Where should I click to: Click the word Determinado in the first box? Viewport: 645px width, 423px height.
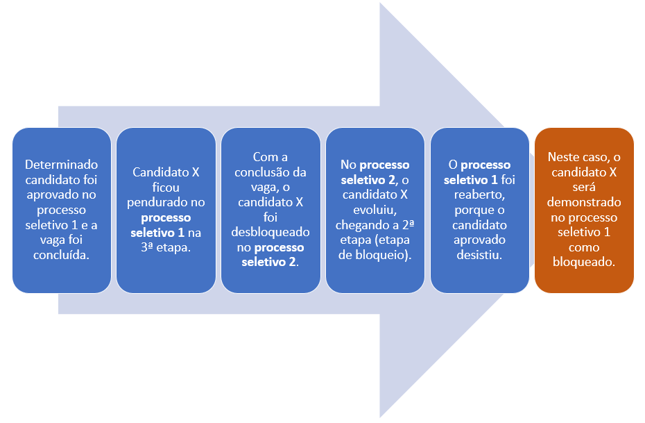click(62, 165)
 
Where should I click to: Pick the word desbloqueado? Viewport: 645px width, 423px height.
click(270, 233)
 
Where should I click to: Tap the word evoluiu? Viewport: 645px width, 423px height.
click(375, 210)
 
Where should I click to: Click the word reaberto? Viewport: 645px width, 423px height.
click(479, 194)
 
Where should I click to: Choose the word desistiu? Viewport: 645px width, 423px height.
click(479, 255)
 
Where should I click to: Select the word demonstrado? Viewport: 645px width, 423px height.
click(583, 202)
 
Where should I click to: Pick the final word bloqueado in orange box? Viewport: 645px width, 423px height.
click(583, 263)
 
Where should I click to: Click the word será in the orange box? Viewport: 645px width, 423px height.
click(583, 187)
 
